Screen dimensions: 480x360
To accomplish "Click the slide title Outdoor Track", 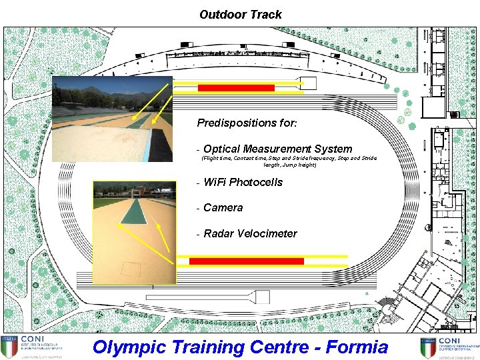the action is click(x=240, y=14).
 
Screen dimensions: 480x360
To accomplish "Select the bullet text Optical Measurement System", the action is click(x=277, y=149).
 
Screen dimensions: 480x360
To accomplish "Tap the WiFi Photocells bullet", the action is click(x=243, y=182).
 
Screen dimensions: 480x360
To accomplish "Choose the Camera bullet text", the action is click(x=223, y=207).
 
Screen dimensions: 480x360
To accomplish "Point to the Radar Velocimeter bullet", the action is click(x=250, y=233).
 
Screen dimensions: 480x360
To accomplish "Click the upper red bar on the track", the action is click(x=236, y=88).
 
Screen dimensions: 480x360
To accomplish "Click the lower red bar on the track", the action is click(x=246, y=261).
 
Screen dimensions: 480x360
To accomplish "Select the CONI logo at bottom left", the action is click(x=33, y=347).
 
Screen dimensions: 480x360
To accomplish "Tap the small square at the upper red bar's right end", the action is click(x=309, y=84).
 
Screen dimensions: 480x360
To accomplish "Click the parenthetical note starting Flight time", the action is click(x=289, y=161).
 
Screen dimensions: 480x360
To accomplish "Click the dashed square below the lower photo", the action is click(x=131, y=270).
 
